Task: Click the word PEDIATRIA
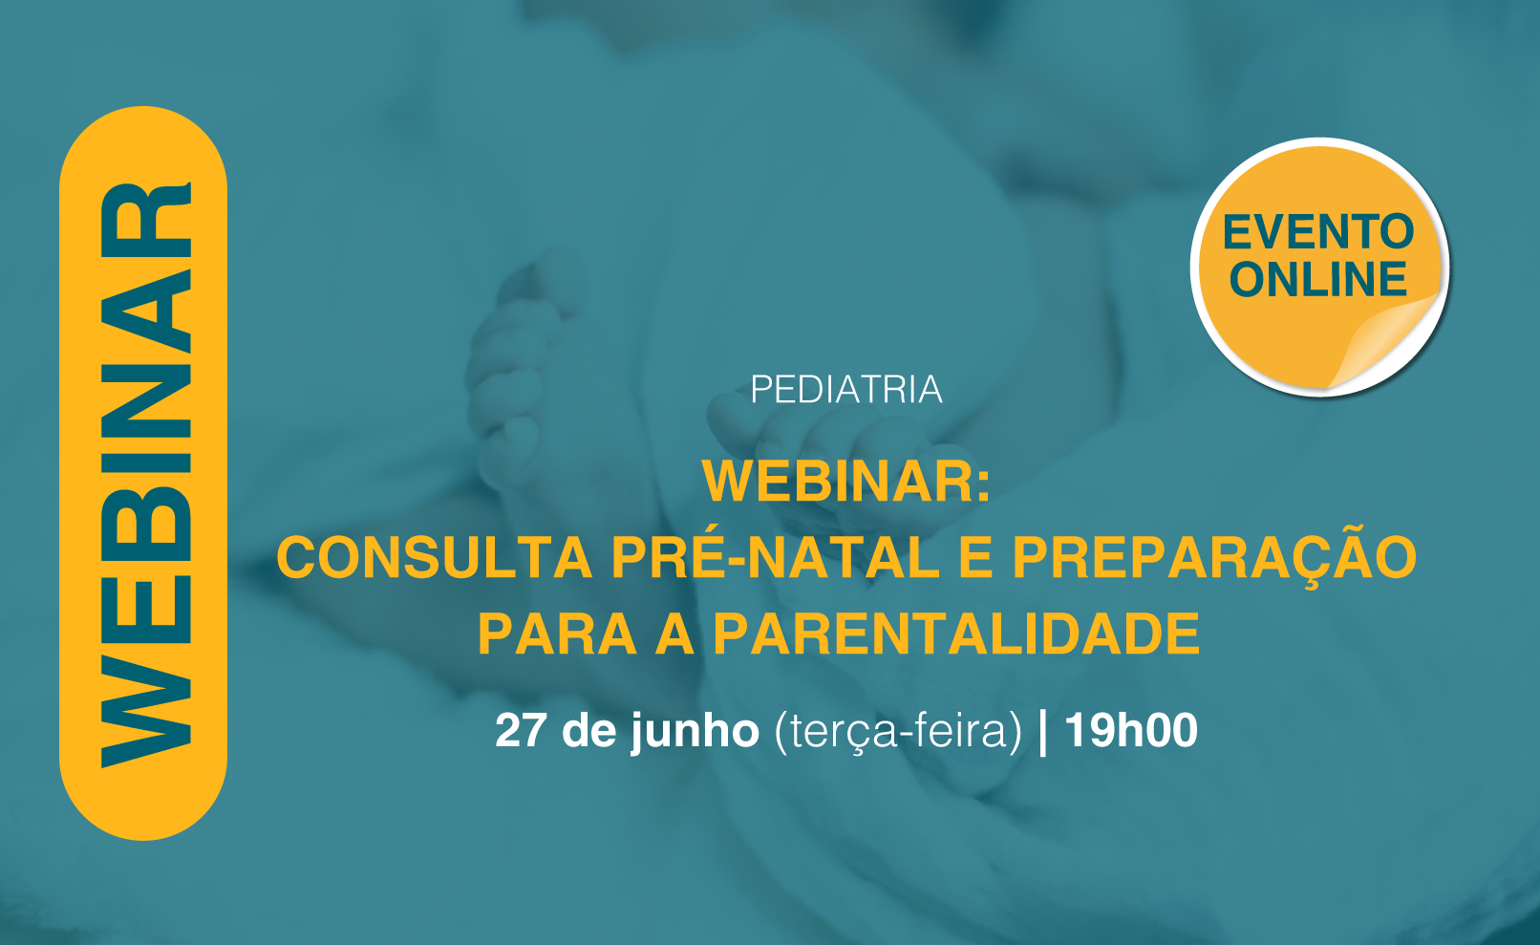tap(845, 389)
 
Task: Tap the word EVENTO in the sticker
tap(1318, 232)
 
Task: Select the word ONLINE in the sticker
tap(1318, 279)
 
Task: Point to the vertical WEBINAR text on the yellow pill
tap(145, 475)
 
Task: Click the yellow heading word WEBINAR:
tap(846, 481)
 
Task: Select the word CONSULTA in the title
tap(434, 557)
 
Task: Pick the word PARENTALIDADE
tap(956, 634)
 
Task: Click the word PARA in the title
tap(557, 634)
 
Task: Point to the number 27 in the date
tap(521, 730)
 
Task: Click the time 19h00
tap(1131, 730)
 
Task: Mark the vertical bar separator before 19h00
tap(1043, 733)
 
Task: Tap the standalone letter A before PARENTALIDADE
tap(674, 634)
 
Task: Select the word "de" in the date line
tap(588, 730)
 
